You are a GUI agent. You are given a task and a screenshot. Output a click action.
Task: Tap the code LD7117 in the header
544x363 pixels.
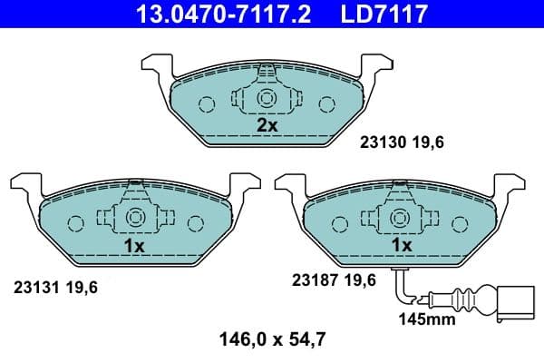(382, 14)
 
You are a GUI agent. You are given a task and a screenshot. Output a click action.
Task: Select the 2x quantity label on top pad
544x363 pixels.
(267, 125)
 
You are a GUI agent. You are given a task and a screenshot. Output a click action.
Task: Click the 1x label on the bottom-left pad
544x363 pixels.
(134, 245)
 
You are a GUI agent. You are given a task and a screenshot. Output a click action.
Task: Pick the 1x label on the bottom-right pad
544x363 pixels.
(401, 245)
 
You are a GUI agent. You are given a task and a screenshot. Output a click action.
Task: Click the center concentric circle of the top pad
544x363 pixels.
(267, 99)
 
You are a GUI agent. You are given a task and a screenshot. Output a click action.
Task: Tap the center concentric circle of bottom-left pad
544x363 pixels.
(134, 219)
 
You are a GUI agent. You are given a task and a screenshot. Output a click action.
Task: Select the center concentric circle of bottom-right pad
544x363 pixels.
(400, 219)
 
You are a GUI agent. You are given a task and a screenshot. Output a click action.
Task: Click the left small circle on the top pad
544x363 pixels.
(207, 103)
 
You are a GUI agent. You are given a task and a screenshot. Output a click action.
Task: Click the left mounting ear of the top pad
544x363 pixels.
(155, 67)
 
